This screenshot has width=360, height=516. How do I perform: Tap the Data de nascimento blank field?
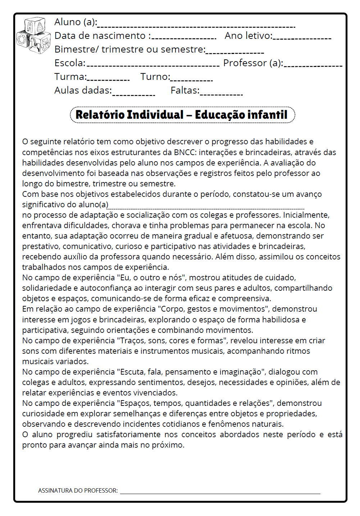(x=184, y=38)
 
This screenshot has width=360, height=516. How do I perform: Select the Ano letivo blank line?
(x=302, y=38)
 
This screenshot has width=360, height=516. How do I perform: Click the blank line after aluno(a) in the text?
(x=206, y=208)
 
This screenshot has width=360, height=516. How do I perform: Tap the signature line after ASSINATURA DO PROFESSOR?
(x=220, y=493)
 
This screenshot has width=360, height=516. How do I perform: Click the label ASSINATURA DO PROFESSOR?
(x=78, y=490)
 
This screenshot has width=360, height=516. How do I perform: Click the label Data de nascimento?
(x=100, y=36)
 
